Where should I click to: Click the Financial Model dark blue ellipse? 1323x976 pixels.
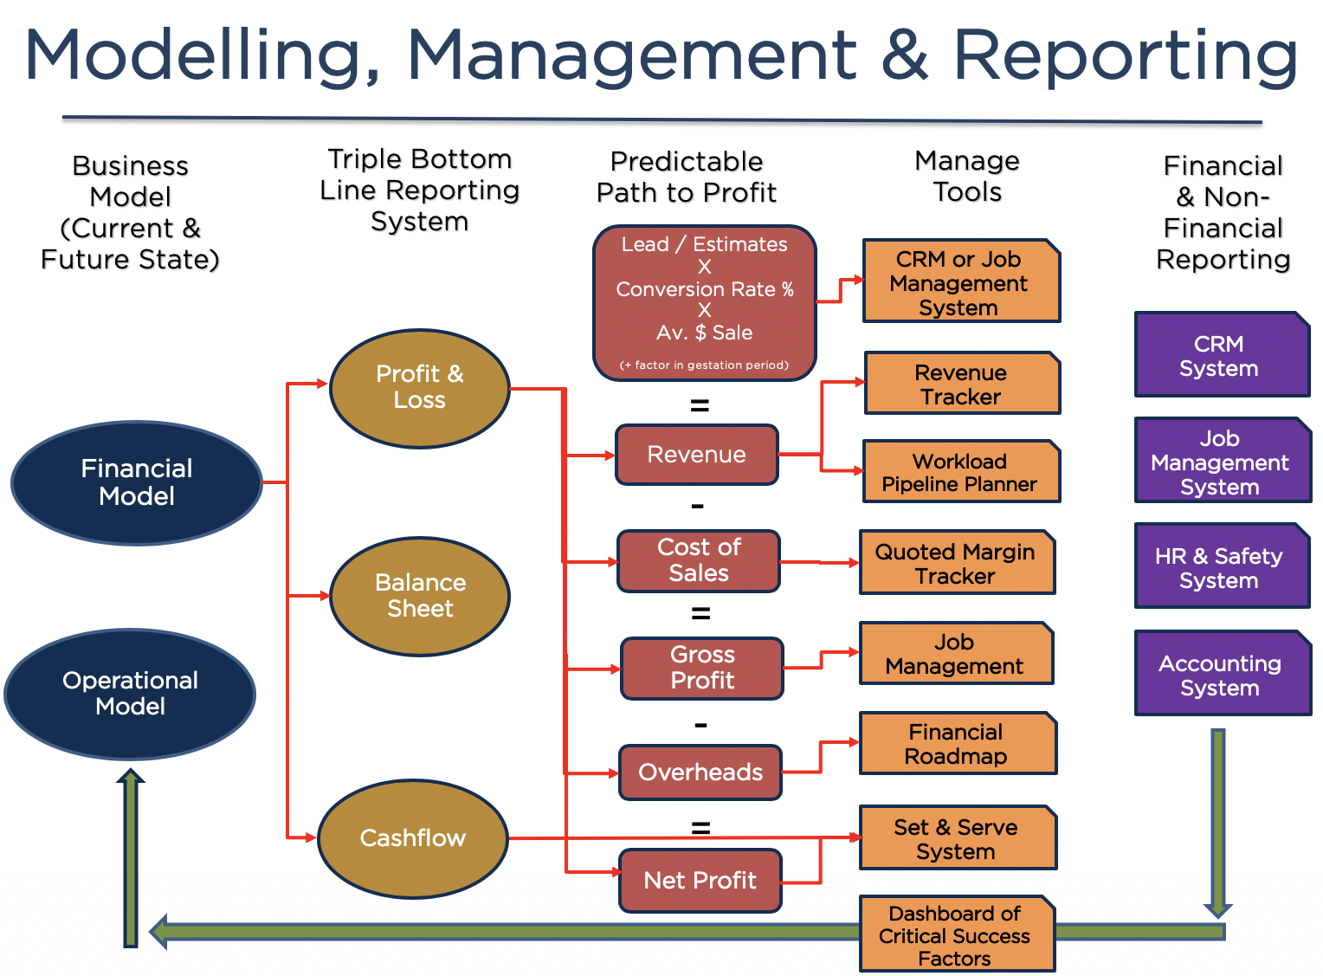click(x=137, y=482)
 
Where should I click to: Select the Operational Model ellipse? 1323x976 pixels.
click(x=130, y=694)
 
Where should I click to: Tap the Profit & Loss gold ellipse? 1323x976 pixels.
click(x=420, y=388)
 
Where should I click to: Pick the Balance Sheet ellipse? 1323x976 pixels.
click(x=420, y=596)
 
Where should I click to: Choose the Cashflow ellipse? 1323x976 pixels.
click(x=413, y=838)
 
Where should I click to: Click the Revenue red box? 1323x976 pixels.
click(x=697, y=455)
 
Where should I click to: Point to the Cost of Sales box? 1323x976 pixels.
click(x=699, y=560)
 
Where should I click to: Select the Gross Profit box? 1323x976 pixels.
click(x=702, y=668)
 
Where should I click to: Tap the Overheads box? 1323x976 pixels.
click(x=700, y=772)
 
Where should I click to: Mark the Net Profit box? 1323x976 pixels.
click(x=700, y=881)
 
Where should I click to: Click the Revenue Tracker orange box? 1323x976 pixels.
click(x=961, y=384)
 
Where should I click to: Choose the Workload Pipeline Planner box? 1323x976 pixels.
click(x=960, y=472)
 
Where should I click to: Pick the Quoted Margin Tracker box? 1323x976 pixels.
click(x=956, y=563)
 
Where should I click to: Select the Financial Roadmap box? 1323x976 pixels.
click(x=957, y=744)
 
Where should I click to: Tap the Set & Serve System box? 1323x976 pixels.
click(x=957, y=838)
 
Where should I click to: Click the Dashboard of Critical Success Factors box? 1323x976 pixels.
click(x=956, y=934)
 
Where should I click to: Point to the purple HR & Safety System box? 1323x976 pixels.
click(x=1220, y=566)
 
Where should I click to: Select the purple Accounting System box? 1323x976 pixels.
click(x=1221, y=674)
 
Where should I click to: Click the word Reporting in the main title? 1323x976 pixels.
click(x=1125, y=56)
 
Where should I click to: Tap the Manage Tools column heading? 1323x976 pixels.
click(x=967, y=176)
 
